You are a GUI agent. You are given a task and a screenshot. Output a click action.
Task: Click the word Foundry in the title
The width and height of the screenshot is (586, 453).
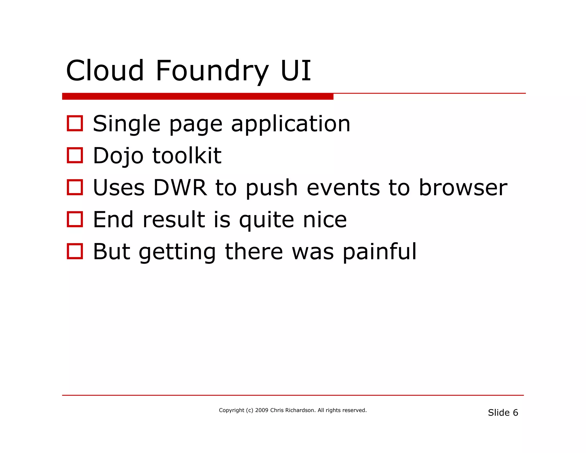[212, 71]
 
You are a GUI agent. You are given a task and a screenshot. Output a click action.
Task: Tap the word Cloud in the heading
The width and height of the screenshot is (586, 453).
[105, 71]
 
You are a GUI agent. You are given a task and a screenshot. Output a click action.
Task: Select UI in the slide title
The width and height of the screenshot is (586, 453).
[296, 71]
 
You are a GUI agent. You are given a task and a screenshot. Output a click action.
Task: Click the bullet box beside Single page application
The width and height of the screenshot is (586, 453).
[75, 123]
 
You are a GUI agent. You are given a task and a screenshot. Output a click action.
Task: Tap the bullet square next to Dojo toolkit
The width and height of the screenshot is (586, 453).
[75, 155]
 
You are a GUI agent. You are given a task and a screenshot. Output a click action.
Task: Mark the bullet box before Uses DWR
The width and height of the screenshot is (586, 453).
[75, 187]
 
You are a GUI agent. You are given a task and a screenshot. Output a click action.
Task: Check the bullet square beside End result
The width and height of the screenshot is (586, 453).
[75, 219]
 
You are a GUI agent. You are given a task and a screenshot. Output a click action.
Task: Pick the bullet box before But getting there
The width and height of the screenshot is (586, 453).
[75, 251]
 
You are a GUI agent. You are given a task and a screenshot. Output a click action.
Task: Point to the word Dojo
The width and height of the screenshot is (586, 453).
[118, 156]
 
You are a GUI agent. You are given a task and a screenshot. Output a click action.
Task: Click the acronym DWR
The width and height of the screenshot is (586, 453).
[180, 188]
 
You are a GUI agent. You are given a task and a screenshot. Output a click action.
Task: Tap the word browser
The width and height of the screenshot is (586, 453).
[463, 188]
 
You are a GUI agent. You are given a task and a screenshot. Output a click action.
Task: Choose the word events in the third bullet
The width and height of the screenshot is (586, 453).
[343, 188]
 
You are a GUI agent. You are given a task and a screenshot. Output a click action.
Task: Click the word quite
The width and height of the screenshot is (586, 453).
[266, 220]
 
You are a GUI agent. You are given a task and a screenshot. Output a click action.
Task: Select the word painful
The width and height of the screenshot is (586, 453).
[379, 252]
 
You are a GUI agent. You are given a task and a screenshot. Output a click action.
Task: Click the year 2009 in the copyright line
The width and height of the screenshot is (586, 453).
[262, 410]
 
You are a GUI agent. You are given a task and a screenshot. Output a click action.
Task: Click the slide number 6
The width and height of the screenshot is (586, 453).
[515, 413]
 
